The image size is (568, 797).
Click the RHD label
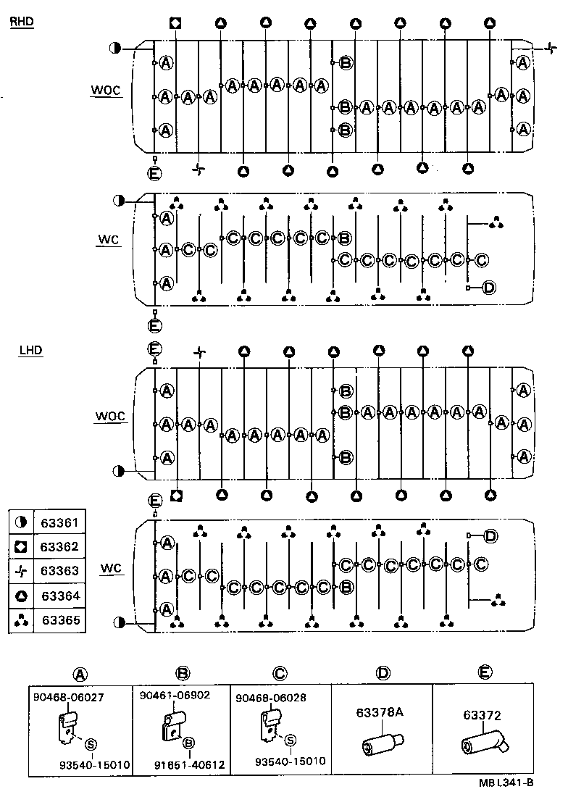pos(22,22)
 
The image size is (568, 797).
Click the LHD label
pos(31,351)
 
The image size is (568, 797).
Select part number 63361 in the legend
pos(60,522)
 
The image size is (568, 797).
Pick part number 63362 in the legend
pos(60,547)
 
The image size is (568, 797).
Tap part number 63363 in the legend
pos(60,571)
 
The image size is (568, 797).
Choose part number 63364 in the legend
pos(60,596)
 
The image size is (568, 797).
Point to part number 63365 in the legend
pos(60,620)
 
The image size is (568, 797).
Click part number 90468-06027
pos(68,697)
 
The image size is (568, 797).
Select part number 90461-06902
pos(175,695)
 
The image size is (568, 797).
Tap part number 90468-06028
pos(272,697)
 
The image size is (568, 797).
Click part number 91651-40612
pos(189,764)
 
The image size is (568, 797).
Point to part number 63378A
pos(379,712)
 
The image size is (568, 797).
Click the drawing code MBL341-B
pos(506,782)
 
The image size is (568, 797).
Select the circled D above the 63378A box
pos(382,673)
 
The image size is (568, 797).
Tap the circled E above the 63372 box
pos(483,673)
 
